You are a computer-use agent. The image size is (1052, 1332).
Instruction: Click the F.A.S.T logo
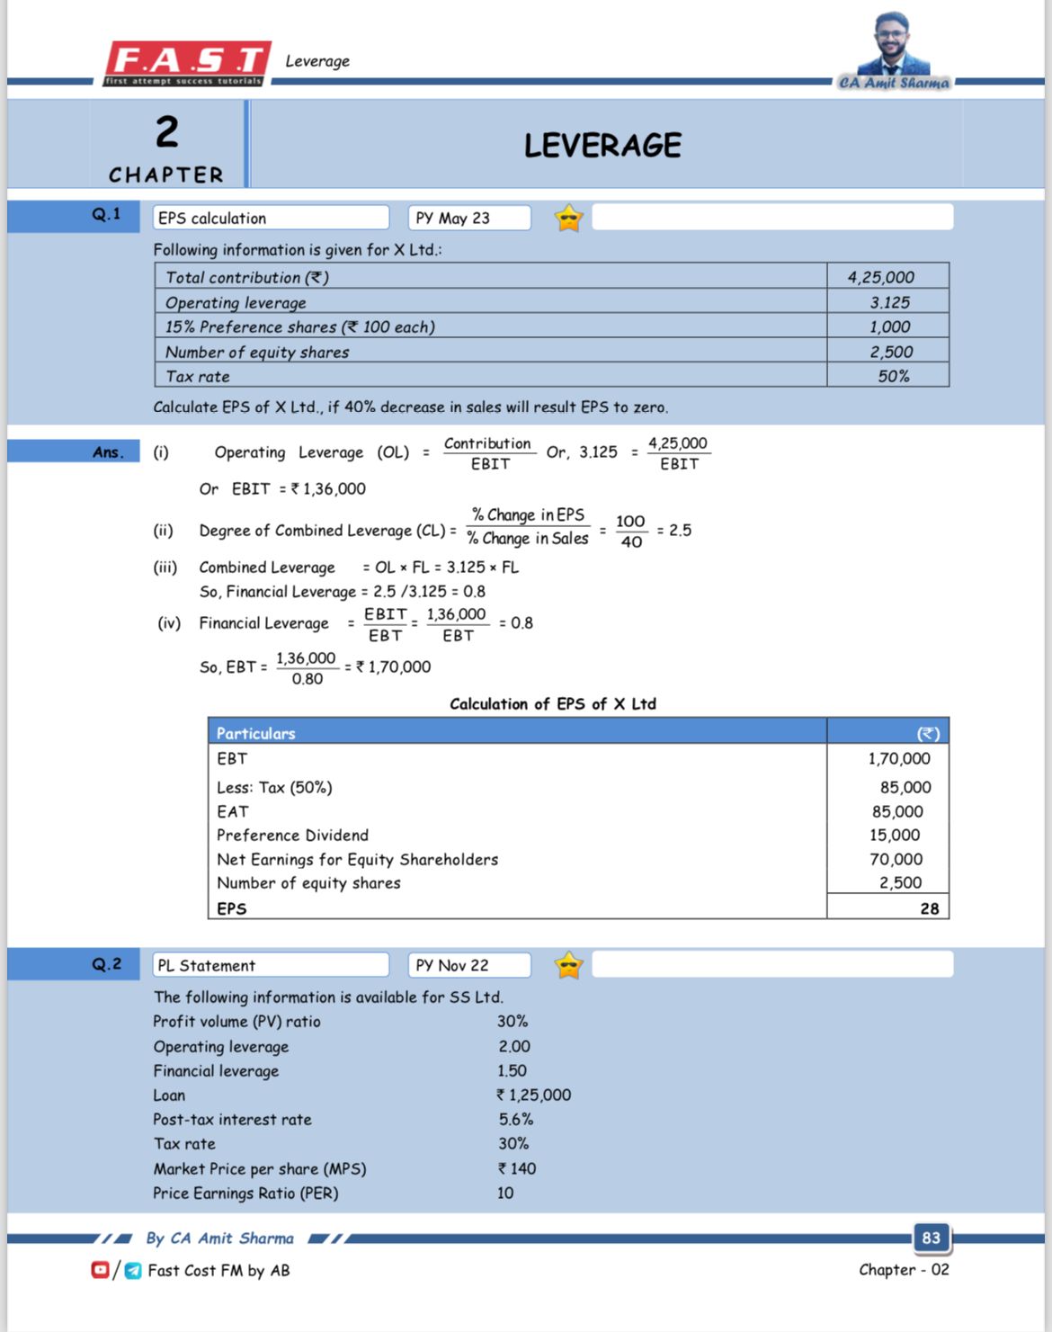click(x=187, y=62)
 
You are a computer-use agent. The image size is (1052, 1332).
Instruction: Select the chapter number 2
click(x=167, y=131)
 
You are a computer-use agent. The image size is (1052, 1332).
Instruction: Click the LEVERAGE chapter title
click(x=602, y=145)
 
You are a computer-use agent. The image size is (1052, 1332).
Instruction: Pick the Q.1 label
click(x=105, y=214)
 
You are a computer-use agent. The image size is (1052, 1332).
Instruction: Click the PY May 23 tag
click(x=468, y=218)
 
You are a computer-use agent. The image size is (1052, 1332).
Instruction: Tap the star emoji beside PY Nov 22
click(x=568, y=965)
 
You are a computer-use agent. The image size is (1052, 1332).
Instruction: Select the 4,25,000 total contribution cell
click(x=880, y=277)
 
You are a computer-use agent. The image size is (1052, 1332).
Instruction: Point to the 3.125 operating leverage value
click(x=889, y=302)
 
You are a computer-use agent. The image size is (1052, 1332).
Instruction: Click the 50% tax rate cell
click(x=893, y=376)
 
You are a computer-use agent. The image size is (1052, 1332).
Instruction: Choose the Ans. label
click(x=108, y=451)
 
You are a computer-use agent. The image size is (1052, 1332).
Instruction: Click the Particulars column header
click(x=256, y=733)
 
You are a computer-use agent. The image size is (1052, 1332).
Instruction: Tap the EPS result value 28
click(x=929, y=908)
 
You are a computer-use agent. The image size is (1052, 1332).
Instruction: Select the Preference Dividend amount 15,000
click(x=894, y=835)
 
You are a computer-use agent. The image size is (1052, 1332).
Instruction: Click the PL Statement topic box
click(x=270, y=965)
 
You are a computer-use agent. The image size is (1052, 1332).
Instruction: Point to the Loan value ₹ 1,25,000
click(x=533, y=1095)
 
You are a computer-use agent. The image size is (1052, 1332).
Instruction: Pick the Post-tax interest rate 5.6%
click(x=516, y=1119)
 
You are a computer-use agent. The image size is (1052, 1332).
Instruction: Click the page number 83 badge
click(x=931, y=1238)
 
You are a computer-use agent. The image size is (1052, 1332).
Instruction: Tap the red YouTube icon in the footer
click(x=100, y=1269)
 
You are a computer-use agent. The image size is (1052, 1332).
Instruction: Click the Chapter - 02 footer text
click(x=903, y=1269)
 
